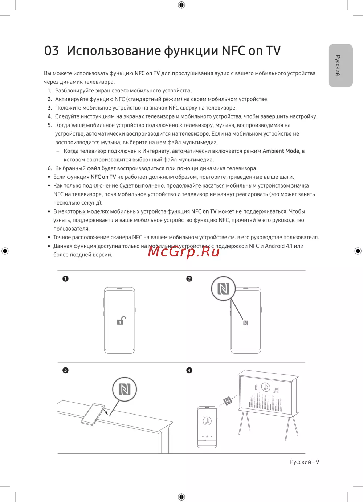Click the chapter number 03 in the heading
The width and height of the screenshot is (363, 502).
[52, 51]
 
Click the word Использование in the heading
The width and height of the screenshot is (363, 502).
[114, 51]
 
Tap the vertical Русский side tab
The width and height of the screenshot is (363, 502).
[340, 66]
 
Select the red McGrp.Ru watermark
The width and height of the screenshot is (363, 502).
[184, 251]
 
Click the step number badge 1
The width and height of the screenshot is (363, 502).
[65, 279]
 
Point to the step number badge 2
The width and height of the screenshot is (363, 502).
[189, 279]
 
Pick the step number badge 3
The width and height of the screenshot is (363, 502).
[65, 370]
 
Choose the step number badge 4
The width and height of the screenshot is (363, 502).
[189, 370]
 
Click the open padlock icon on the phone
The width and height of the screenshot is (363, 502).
[121, 321]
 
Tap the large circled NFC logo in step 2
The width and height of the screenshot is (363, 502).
[223, 289]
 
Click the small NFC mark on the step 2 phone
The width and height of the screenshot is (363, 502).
[246, 323]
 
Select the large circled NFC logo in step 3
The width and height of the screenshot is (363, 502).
[125, 389]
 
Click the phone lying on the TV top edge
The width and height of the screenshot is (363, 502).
[93, 414]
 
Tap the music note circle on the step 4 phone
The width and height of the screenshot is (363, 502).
[207, 421]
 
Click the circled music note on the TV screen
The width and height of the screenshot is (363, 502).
[266, 387]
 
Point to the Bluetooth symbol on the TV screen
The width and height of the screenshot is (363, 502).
[256, 387]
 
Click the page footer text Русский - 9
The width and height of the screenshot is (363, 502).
[304, 462]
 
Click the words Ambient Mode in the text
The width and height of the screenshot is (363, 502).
[281, 151]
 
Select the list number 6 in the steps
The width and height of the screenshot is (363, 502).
[50, 168]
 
